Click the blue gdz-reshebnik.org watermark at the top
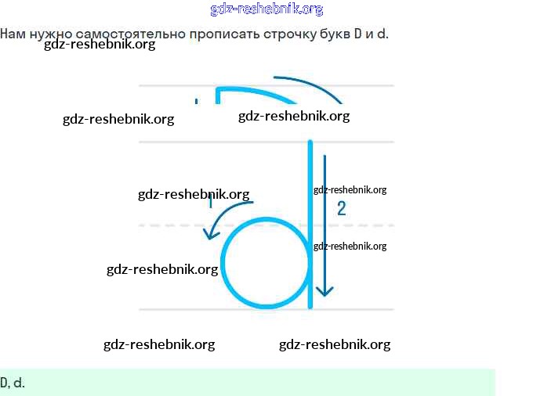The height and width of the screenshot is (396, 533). click(x=266, y=9)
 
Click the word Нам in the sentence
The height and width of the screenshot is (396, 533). click(x=12, y=34)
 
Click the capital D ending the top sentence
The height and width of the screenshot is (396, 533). click(x=357, y=34)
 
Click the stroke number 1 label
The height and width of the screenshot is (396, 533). click(x=210, y=203)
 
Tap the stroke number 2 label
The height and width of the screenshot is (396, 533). click(x=341, y=208)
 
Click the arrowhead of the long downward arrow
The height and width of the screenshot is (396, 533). click(x=325, y=292)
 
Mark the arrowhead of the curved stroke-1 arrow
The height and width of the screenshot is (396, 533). click(x=209, y=234)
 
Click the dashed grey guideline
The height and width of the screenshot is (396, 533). click(x=172, y=225)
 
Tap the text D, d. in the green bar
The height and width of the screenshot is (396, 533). click(x=13, y=383)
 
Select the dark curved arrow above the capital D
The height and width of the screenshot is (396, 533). click(x=314, y=86)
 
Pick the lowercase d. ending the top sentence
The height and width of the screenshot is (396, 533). click(x=383, y=34)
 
